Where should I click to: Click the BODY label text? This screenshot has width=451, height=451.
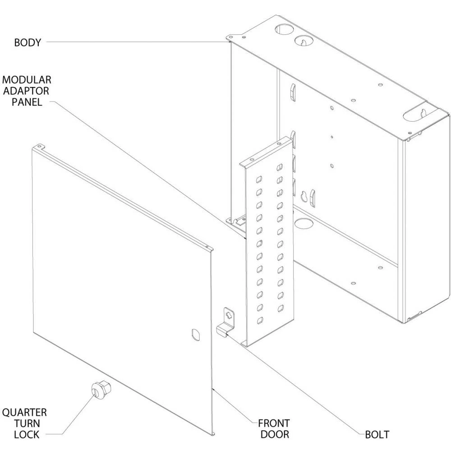coord(28,43)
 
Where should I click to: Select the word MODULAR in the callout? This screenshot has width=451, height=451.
coord(27,80)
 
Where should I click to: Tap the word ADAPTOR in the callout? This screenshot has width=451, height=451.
coord(28,91)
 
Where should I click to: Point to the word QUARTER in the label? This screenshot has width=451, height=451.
coord(24,412)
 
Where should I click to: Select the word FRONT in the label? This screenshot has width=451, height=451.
coord(274,423)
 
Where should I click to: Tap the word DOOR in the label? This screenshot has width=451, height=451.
coord(274,435)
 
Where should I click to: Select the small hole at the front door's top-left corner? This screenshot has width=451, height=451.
coord(41,146)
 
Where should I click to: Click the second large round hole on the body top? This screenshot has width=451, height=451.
coord(303,41)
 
